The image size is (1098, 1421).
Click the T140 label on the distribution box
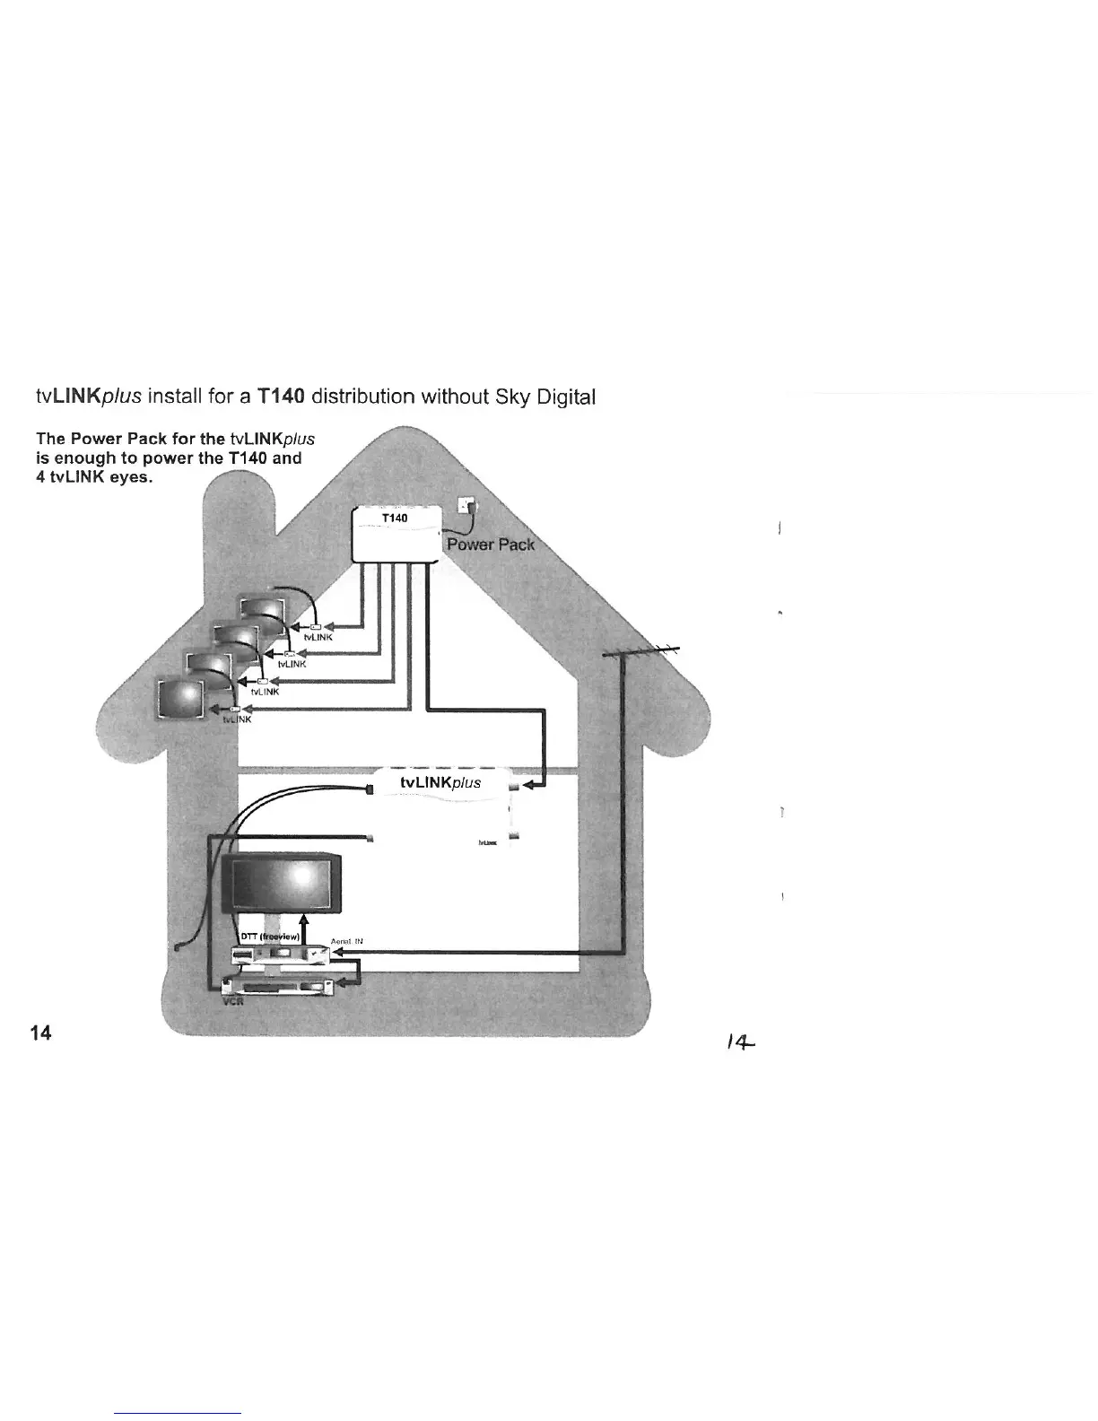(395, 519)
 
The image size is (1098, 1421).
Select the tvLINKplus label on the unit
(440, 782)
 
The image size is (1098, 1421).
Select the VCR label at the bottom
(232, 1002)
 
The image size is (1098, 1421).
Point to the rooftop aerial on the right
(640, 652)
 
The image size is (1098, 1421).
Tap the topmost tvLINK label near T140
(318, 637)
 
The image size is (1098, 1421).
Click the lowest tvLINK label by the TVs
(237, 719)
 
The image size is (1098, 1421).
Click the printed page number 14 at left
(40, 1033)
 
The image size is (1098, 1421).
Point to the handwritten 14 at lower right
(742, 1042)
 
